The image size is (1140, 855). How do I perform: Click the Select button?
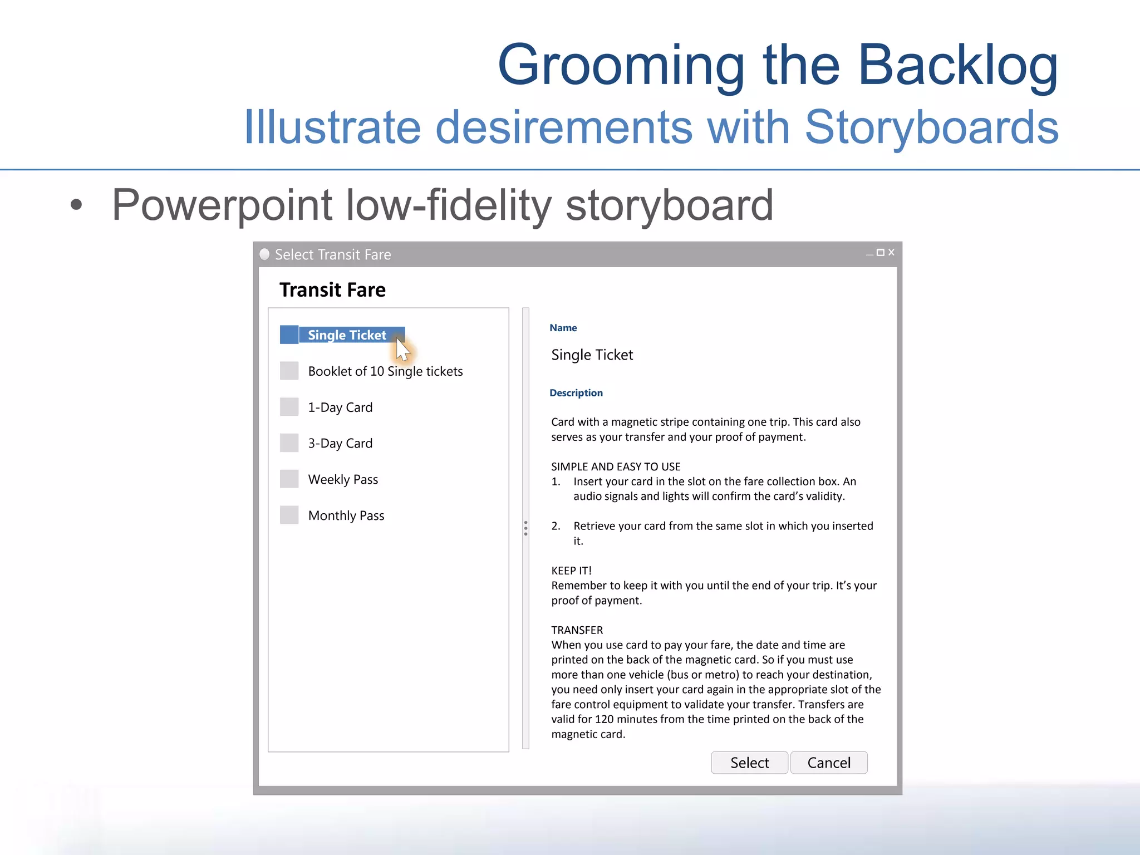point(749,763)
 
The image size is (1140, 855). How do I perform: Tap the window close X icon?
point(891,252)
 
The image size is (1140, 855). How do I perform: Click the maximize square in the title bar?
point(880,252)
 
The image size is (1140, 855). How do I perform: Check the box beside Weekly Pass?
point(289,479)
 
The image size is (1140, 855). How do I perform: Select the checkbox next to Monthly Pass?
point(289,515)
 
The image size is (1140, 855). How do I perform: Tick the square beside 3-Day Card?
point(289,443)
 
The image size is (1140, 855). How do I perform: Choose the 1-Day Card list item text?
point(340,407)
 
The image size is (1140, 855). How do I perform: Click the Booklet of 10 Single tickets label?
point(385,371)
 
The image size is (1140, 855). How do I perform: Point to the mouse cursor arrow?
point(402,350)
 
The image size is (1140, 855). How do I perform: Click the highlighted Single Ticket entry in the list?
point(347,335)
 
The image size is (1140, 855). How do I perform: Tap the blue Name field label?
point(563,328)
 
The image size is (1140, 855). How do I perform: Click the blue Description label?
point(576,393)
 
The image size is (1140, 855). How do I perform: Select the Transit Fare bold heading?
point(332,290)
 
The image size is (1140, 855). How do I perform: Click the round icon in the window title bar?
point(265,254)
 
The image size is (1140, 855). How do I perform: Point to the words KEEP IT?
point(571,571)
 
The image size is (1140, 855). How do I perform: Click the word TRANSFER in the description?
point(577,630)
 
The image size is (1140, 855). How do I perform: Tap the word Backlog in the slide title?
point(957,66)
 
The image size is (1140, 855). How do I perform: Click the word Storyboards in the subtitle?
point(931,127)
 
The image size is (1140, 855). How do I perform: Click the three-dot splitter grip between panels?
point(525,528)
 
